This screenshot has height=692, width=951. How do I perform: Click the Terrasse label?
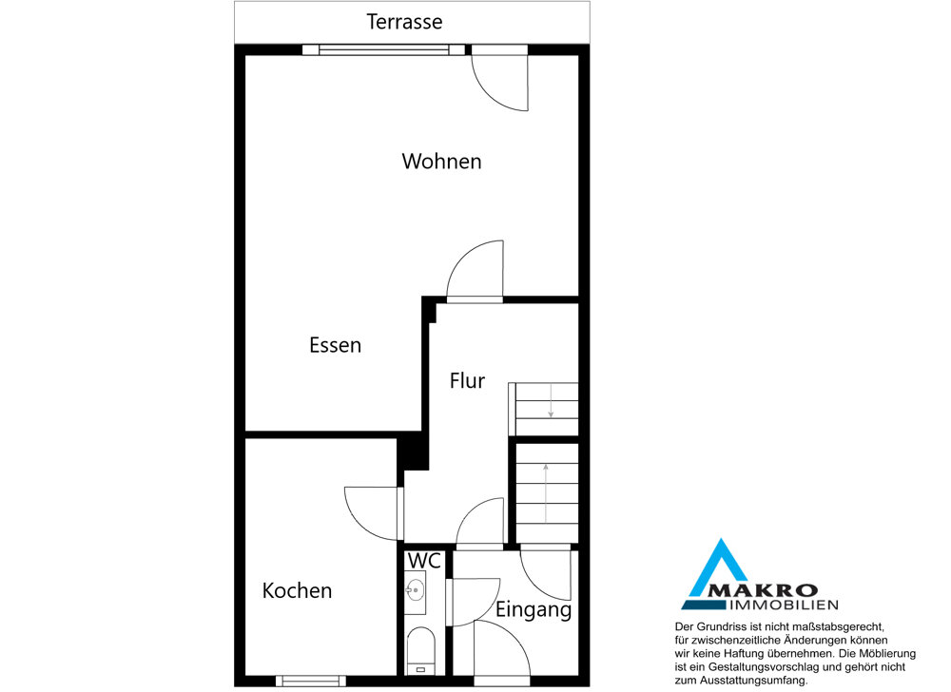[404, 22]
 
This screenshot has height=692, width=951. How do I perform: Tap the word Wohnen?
[441, 162]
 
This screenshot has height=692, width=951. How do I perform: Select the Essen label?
[336, 345]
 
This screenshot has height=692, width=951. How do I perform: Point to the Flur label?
[467, 380]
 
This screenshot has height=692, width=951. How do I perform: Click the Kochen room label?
[297, 591]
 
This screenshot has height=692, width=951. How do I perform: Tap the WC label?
[424, 561]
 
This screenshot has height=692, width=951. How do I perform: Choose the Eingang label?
[534, 609]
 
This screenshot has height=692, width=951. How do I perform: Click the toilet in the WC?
[421, 651]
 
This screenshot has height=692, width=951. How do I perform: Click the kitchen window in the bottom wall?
[311, 681]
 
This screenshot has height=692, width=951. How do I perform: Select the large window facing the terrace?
[384, 49]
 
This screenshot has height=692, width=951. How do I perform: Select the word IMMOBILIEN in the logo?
[785, 605]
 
